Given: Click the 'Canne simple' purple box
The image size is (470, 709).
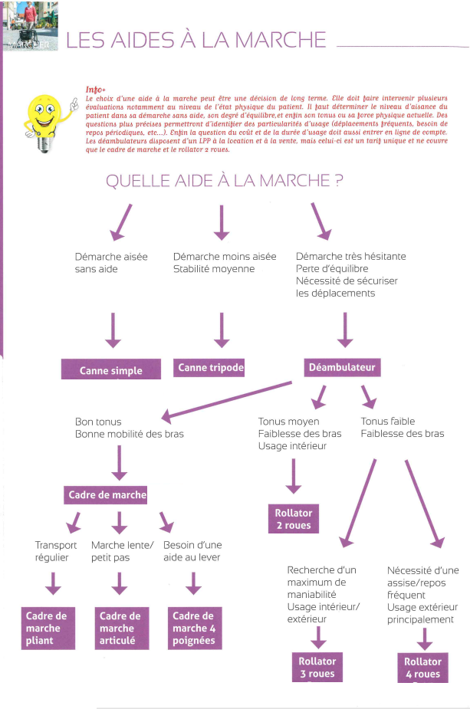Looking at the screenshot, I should [111, 369].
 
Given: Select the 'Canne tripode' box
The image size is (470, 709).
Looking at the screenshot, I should [210, 368].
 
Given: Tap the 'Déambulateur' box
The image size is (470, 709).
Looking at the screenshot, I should [342, 368].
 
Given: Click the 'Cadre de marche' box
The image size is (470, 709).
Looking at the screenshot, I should [107, 494].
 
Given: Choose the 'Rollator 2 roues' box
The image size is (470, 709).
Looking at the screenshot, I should [294, 519].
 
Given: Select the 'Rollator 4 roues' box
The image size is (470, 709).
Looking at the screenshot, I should [422, 668].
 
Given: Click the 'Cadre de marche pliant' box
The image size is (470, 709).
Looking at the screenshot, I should [48, 628].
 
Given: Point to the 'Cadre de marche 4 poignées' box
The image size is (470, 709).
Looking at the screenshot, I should [193, 628].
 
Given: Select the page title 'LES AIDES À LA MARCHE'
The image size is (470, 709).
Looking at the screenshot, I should [196, 40].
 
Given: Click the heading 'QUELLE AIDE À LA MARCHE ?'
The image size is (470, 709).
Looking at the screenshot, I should [224, 182].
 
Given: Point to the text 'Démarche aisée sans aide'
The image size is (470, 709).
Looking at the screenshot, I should [111, 263].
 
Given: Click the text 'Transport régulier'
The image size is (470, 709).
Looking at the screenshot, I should [56, 551].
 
